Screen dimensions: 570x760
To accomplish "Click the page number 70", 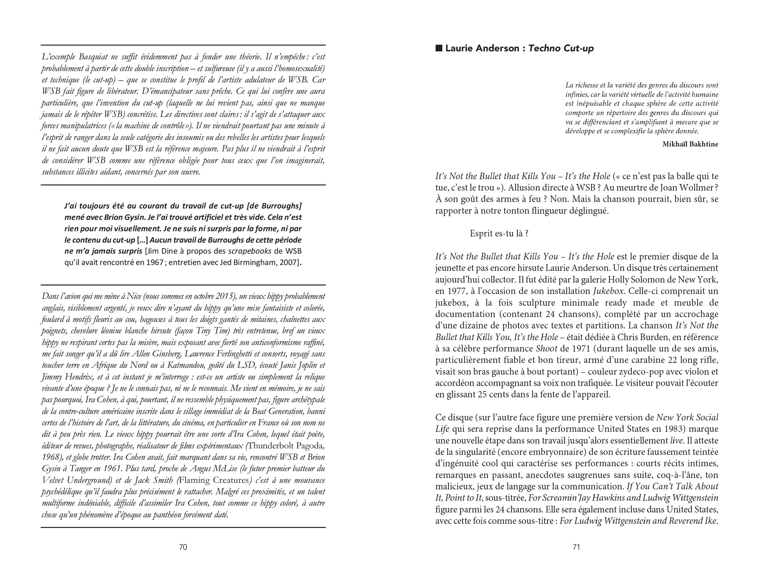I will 183,547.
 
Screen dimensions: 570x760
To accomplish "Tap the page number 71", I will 577,547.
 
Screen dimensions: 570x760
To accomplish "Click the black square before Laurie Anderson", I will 439,49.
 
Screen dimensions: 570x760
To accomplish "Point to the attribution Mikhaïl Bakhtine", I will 690,144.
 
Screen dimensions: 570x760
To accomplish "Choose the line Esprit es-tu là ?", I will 499,234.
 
